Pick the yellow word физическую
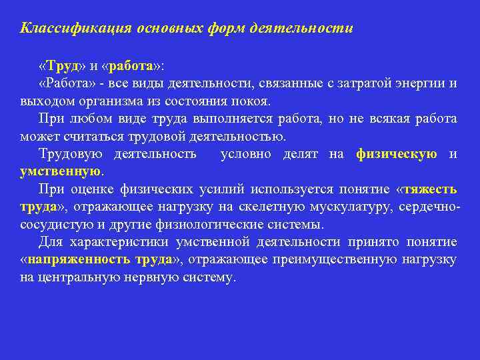(397, 154)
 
